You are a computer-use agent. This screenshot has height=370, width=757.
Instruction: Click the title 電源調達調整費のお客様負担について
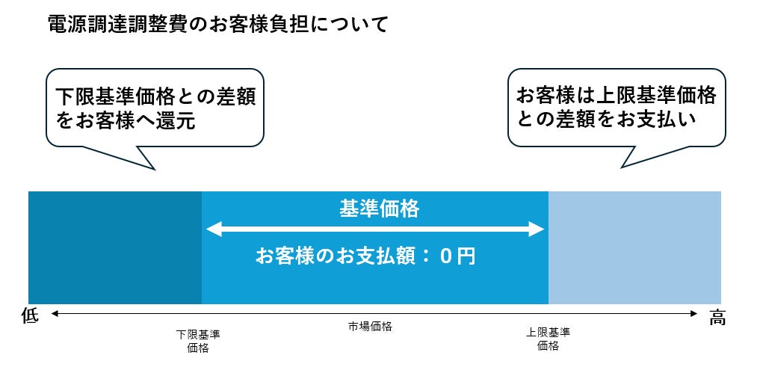pyautogui.click(x=217, y=25)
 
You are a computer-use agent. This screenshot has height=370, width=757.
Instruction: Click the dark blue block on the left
pyautogui.click(x=115, y=247)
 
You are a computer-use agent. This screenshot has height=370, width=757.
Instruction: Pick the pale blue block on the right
pyautogui.click(x=634, y=247)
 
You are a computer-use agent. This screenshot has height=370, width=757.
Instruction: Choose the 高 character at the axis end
pyautogui.click(x=717, y=318)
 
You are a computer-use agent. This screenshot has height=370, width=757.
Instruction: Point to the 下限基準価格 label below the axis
pyautogui.click(x=198, y=340)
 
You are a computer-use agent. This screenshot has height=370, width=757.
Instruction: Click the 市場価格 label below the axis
pyautogui.click(x=370, y=327)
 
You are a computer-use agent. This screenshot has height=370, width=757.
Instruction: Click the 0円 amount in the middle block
pyautogui.click(x=457, y=257)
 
